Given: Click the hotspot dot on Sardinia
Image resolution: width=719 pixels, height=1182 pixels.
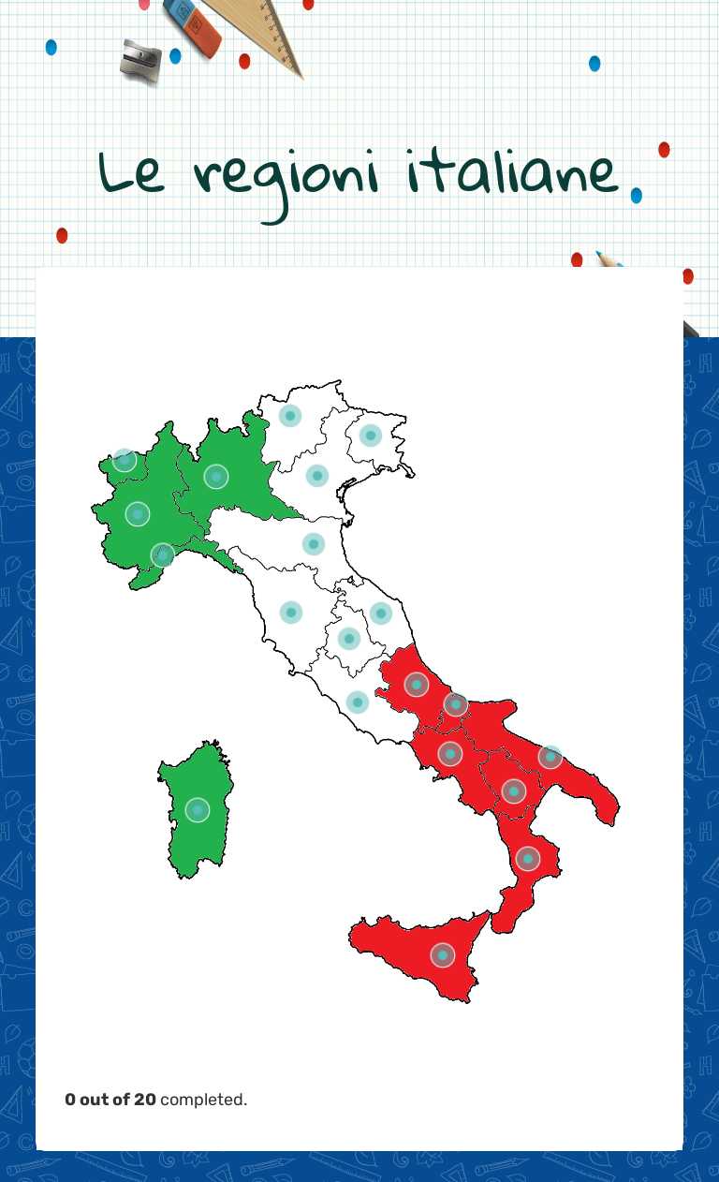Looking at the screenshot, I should click(x=197, y=810).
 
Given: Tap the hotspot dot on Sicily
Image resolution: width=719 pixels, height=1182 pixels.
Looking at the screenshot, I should click(x=442, y=955).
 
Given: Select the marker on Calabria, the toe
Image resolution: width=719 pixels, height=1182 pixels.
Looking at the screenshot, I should click(x=528, y=858).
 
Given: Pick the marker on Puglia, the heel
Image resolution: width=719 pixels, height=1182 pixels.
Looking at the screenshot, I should click(x=550, y=757).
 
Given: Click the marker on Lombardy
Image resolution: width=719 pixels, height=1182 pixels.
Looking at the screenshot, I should click(x=216, y=477).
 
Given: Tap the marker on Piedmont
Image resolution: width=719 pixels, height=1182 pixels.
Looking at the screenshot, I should click(x=138, y=514).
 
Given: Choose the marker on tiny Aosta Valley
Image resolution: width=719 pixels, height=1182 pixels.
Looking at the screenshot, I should click(x=124, y=460).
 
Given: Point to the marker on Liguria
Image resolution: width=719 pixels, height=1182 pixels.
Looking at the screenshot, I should click(x=163, y=555).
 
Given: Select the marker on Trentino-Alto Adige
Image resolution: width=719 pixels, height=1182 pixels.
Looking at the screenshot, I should click(x=290, y=416).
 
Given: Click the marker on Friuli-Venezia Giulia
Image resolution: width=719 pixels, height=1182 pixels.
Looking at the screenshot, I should click(x=370, y=435).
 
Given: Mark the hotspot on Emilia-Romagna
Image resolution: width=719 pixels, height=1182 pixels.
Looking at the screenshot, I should click(x=313, y=544).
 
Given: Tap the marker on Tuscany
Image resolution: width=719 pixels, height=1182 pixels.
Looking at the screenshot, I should click(x=290, y=613).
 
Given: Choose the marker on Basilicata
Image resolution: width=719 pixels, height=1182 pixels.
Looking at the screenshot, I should click(x=513, y=791).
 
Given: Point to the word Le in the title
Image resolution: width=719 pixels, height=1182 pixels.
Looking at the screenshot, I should click(x=131, y=174).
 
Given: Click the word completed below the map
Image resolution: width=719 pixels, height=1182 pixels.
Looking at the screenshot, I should click(x=203, y=1100).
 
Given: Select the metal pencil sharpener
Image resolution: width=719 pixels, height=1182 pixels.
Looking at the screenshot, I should click(x=141, y=60).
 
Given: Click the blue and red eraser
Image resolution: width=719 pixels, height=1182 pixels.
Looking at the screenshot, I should click(x=192, y=24).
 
